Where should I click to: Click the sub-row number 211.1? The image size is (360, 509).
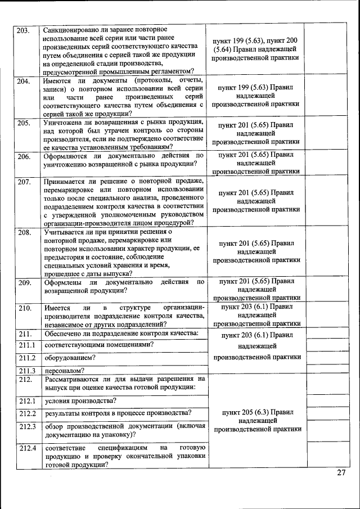click(x=26, y=345)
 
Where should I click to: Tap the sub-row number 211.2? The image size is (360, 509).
click(x=26, y=358)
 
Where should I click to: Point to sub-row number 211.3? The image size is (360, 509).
click(x=26, y=371)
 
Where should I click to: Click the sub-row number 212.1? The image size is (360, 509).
click(x=26, y=401)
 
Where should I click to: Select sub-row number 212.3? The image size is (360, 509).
click(x=26, y=426)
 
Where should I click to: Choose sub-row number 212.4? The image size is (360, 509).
click(x=26, y=448)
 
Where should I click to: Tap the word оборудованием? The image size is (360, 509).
click(x=70, y=358)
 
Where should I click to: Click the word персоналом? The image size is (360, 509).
click(x=65, y=371)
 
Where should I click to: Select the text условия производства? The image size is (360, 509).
click(x=80, y=401)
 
